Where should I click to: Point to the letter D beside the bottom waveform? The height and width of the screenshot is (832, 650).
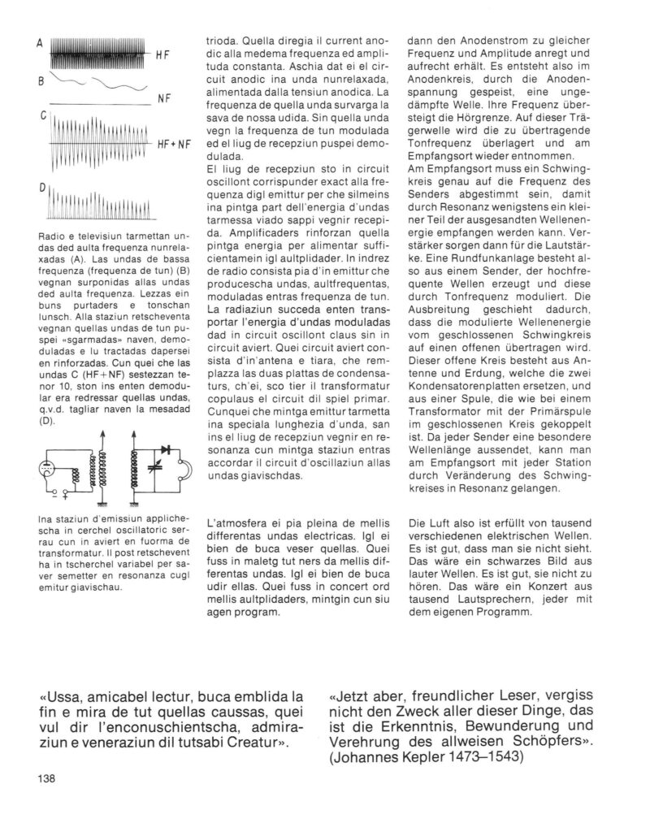click(41, 188)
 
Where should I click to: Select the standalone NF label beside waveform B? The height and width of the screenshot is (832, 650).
click(163, 97)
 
